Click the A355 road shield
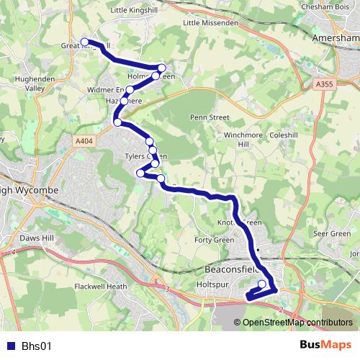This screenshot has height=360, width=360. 324,84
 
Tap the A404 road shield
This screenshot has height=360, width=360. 84,142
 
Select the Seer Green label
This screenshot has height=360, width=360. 332,233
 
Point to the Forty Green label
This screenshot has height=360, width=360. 214,240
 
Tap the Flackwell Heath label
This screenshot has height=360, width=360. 101,286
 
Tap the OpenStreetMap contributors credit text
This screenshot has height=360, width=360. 297,322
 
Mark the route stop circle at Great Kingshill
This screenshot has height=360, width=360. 84,42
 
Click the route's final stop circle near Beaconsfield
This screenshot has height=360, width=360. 262,284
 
